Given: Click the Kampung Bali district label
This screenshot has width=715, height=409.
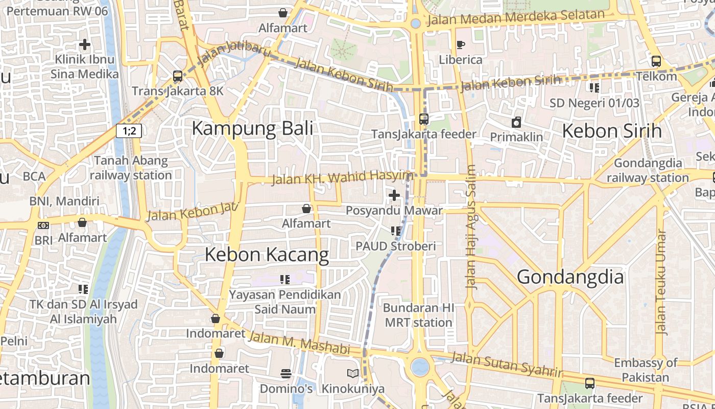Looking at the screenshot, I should coord(252,128).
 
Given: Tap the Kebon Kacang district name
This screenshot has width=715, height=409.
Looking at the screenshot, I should coord(267,255).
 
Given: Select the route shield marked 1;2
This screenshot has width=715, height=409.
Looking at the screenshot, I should coord(129,131).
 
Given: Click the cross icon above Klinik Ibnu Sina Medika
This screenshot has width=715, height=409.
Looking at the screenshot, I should coord(84,44).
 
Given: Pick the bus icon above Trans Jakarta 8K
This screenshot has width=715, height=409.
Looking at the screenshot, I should coord(177,76).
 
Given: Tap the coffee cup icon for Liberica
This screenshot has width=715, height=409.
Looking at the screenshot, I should coord(460,45).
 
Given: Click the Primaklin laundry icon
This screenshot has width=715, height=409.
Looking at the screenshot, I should coord(516,122).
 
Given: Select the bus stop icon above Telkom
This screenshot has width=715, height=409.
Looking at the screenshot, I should coord(656,61).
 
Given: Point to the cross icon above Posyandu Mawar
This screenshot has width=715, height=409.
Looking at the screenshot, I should coord(394,195).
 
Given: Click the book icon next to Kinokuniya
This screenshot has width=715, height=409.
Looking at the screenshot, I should coord(352,374).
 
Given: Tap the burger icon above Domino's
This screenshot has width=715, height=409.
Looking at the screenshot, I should coord(286,374).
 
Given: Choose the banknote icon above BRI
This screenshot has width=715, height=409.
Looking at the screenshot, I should coord(43,225).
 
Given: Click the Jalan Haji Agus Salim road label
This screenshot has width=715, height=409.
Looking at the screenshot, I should coord(471,227).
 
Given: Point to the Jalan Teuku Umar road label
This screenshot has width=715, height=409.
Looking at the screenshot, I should coord(661,282).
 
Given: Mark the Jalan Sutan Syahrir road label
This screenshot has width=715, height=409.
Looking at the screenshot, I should coord(506,364).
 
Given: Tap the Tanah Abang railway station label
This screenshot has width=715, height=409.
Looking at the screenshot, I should coord(131,168).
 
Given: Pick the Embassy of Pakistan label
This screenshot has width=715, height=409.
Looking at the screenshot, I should coord(646,371).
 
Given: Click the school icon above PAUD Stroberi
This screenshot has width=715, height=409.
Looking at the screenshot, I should coord(395,231).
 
